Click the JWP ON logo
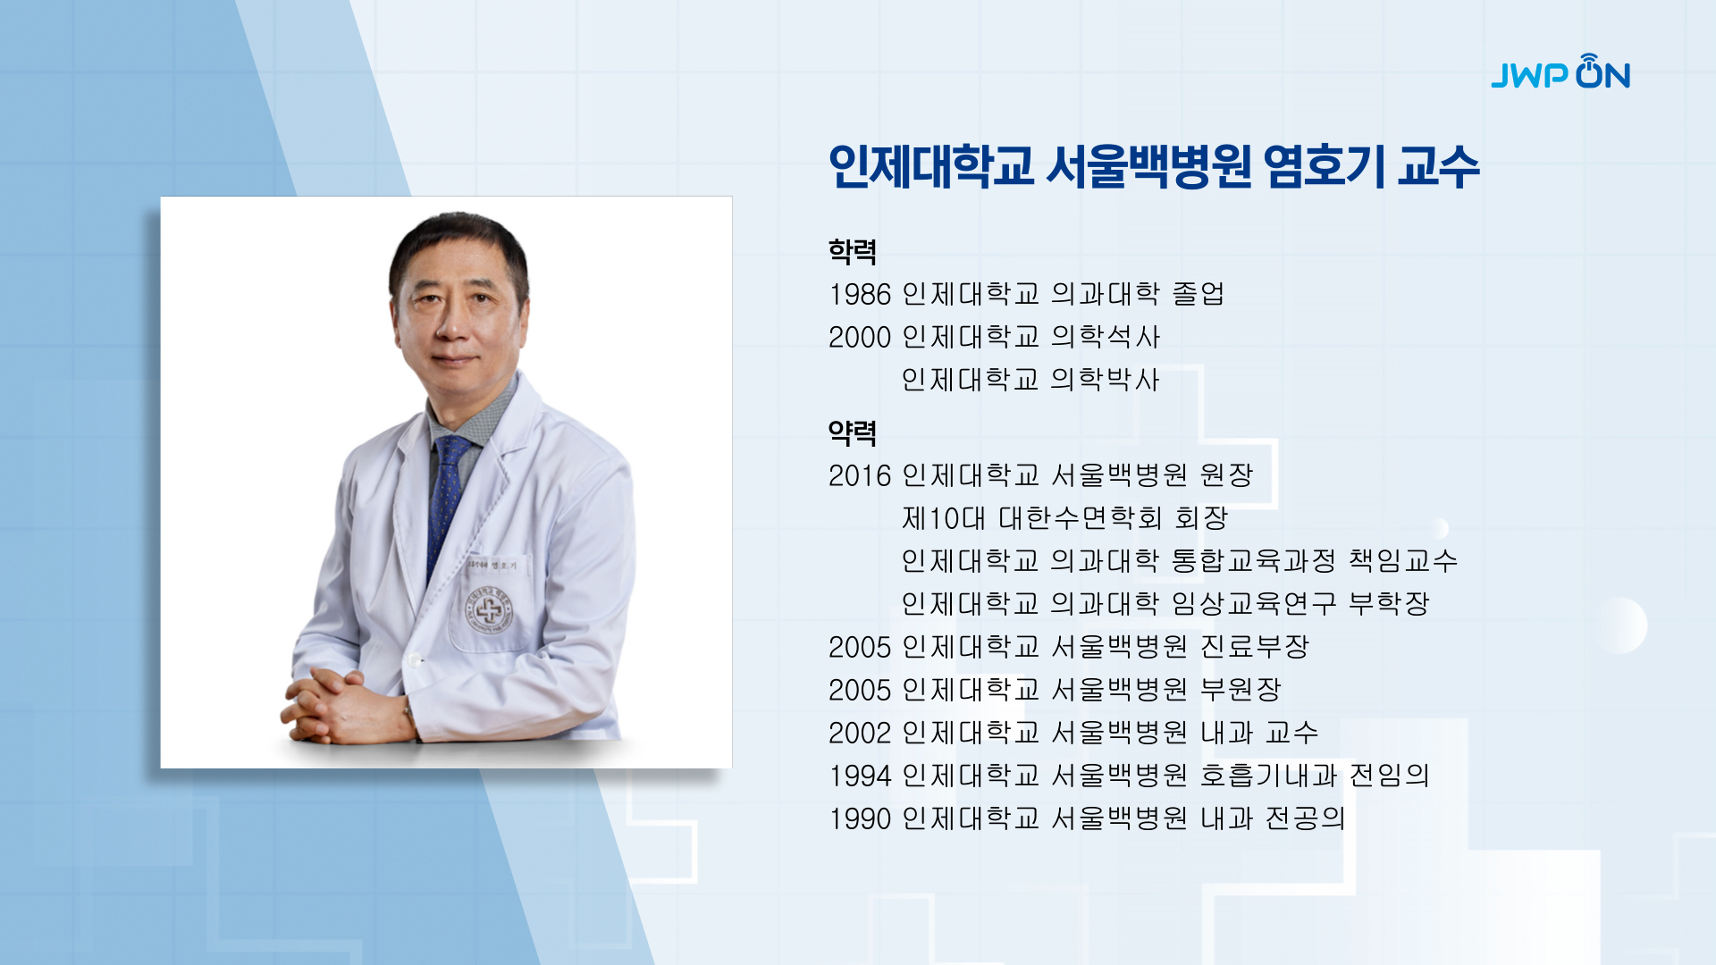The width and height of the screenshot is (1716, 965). (x=1560, y=71)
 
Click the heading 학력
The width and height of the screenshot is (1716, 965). (x=853, y=251)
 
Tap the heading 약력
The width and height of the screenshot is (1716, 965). (x=853, y=433)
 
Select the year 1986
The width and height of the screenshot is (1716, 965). (x=860, y=294)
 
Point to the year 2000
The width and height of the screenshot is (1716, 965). (x=860, y=337)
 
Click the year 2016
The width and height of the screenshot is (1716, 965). (x=860, y=475)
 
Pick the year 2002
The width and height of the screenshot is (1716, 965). (x=860, y=733)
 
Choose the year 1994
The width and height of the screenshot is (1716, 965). (x=860, y=776)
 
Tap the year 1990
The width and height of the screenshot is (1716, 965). (x=860, y=818)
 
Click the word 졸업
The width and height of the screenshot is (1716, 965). (x=1198, y=293)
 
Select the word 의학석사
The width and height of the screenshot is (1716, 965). (x=1106, y=337)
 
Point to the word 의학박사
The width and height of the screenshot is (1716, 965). (x=1106, y=380)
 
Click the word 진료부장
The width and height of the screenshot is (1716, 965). (x=1255, y=646)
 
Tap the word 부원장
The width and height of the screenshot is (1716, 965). (x=1241, y=689)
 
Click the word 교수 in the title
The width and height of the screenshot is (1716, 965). (x=1439, y=166)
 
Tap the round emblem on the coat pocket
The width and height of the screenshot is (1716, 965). (x=489, y=611)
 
